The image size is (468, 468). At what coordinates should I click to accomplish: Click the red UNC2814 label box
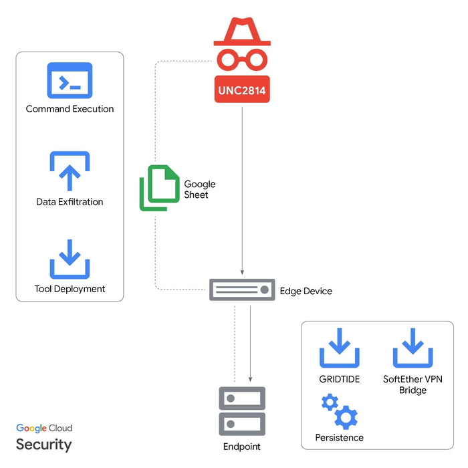(x=242, y=90)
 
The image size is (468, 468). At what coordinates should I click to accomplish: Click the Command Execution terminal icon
(x=70, y=81)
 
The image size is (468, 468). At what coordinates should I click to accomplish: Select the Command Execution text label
(x=70, y=109)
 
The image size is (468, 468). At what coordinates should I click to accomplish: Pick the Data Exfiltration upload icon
(x=70, y=172)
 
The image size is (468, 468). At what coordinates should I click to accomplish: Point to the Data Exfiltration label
(x=70, y=201)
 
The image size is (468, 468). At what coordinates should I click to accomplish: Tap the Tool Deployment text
(x=70, y=289)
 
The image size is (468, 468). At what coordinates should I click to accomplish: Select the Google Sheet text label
(x=199, y=189)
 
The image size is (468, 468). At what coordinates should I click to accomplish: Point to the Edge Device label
(x=306, y=291)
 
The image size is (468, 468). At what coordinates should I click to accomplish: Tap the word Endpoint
(x=241, y=447)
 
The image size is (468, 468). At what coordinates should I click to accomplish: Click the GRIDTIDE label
(x=340, y=379)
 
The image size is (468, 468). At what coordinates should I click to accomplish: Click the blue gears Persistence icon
(x=339, y=411)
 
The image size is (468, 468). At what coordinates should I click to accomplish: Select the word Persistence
(x=339, y=437)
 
